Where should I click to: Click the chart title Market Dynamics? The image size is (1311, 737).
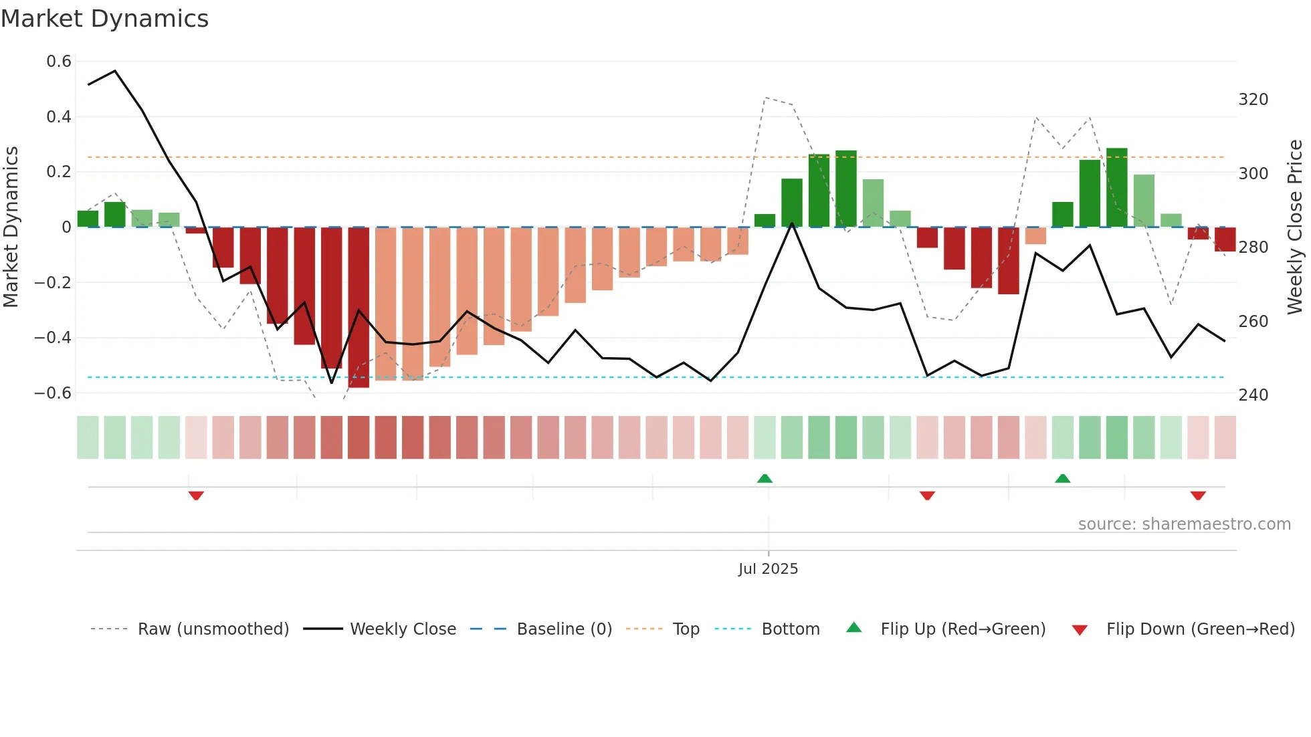[104, 19]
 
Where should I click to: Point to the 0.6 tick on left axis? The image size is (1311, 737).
[59, 62]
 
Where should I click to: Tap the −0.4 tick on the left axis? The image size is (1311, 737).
[53, 338]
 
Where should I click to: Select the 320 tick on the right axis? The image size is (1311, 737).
[1253, 100]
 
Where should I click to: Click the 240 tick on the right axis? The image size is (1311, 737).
[1253, 395]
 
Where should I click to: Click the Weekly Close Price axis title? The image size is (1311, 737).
[1295, 227]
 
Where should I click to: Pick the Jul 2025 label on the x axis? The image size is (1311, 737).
[768, 569]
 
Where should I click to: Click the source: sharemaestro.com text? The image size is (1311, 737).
[1184, 524]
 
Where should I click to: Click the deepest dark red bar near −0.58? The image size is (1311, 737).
[359, 308]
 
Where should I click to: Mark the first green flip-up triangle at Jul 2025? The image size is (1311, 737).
[765, 478]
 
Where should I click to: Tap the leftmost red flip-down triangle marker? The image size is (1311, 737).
[196, 496]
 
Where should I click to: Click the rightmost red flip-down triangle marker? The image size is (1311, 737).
[1198, 496]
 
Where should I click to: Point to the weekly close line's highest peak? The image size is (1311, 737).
[115, 71]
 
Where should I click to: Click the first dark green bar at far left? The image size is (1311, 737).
[88, 219]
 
